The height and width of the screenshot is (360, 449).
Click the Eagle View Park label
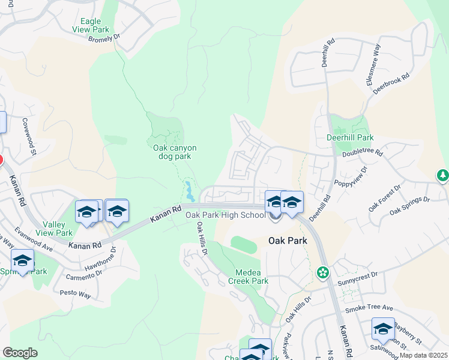coord(91,25)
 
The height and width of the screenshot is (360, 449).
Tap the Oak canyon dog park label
coord(175,152)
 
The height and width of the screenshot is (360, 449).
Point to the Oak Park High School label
coord(225,215)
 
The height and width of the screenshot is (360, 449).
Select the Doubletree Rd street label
coord(362,153)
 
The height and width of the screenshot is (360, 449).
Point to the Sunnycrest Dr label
coord(358,279)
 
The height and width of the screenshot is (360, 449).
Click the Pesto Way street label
coord(76,294)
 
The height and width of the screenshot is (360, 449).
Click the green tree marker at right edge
coord(442,175)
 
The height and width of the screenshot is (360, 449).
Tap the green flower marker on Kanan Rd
coord(323,273)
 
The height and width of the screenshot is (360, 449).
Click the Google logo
coord(20,353)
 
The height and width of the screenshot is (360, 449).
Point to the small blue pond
coord(190,191)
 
